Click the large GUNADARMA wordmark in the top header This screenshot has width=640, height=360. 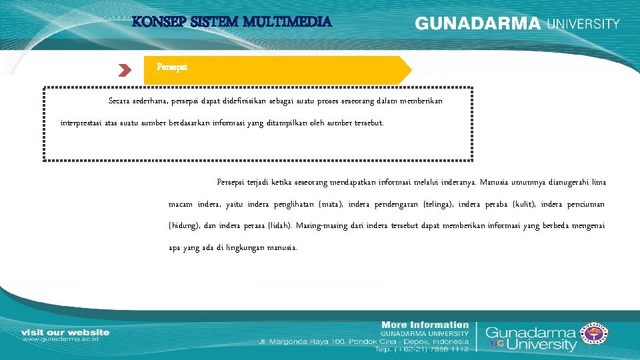478,24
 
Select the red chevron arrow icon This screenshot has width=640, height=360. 125,69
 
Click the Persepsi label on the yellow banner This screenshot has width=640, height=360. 171,67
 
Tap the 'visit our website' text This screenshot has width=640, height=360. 65,332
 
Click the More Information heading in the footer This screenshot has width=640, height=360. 425,325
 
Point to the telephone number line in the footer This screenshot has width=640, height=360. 421,349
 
